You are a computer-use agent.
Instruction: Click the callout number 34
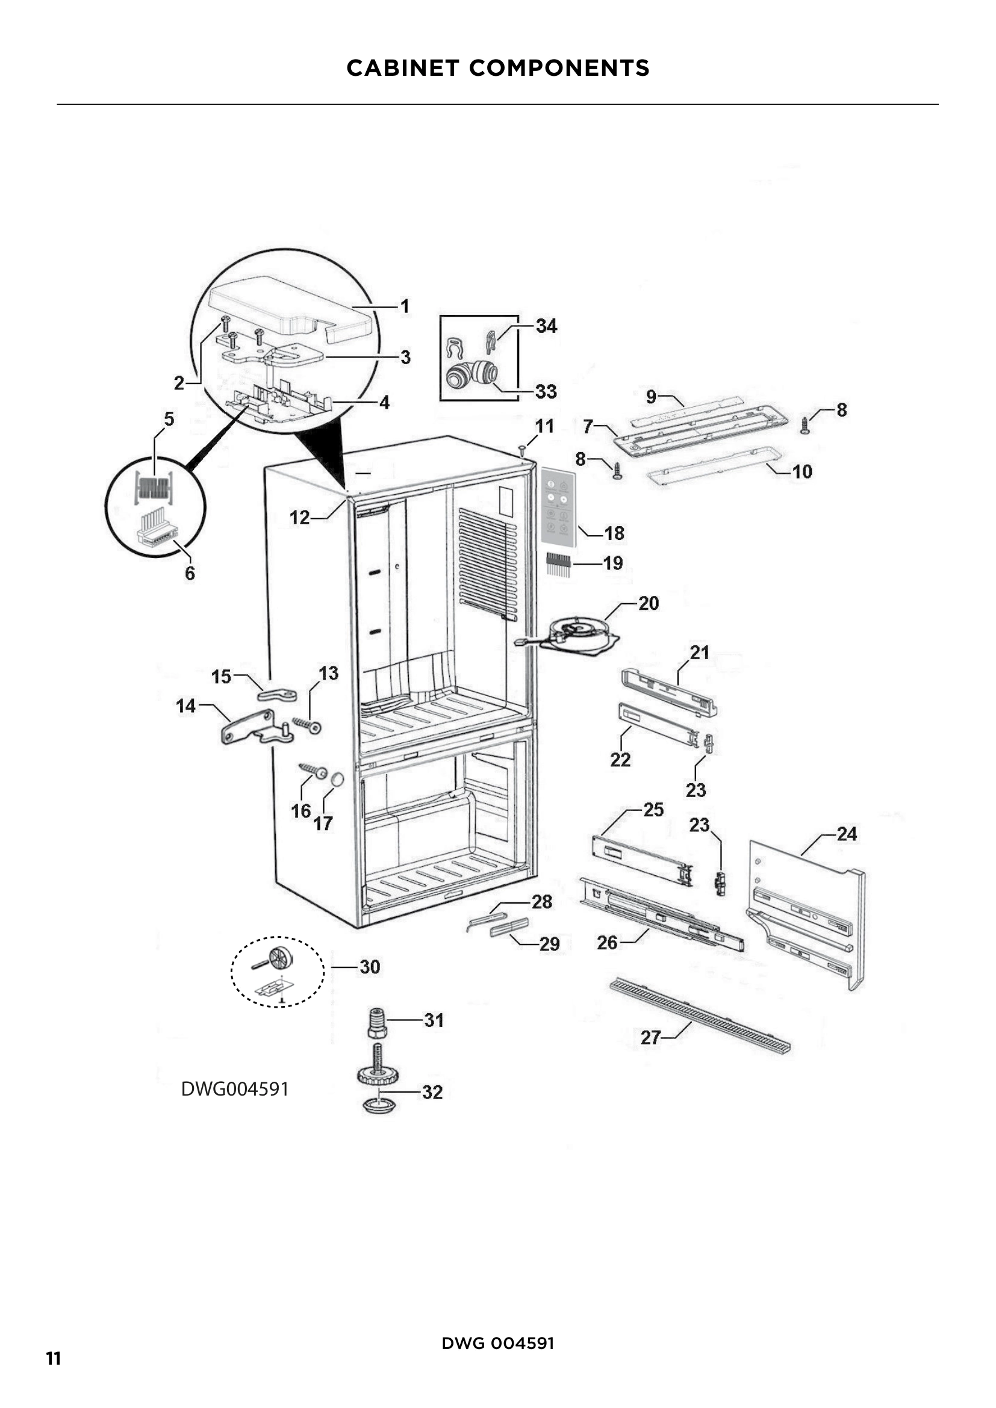[546, 326]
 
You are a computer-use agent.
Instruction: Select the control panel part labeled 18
[558, 507]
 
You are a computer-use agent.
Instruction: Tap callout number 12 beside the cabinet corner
[299, 518]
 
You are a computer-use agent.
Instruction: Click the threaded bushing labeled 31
[377, 1022]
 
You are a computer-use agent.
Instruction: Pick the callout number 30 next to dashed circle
[370, 967]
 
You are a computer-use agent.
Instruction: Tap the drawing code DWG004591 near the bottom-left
[235, 1089]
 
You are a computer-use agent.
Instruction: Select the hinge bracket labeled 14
[255, 727]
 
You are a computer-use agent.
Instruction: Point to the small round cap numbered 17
[337, 780]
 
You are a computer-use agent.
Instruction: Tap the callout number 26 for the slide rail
[606, 943]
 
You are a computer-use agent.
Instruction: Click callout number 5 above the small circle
[169, 420]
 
